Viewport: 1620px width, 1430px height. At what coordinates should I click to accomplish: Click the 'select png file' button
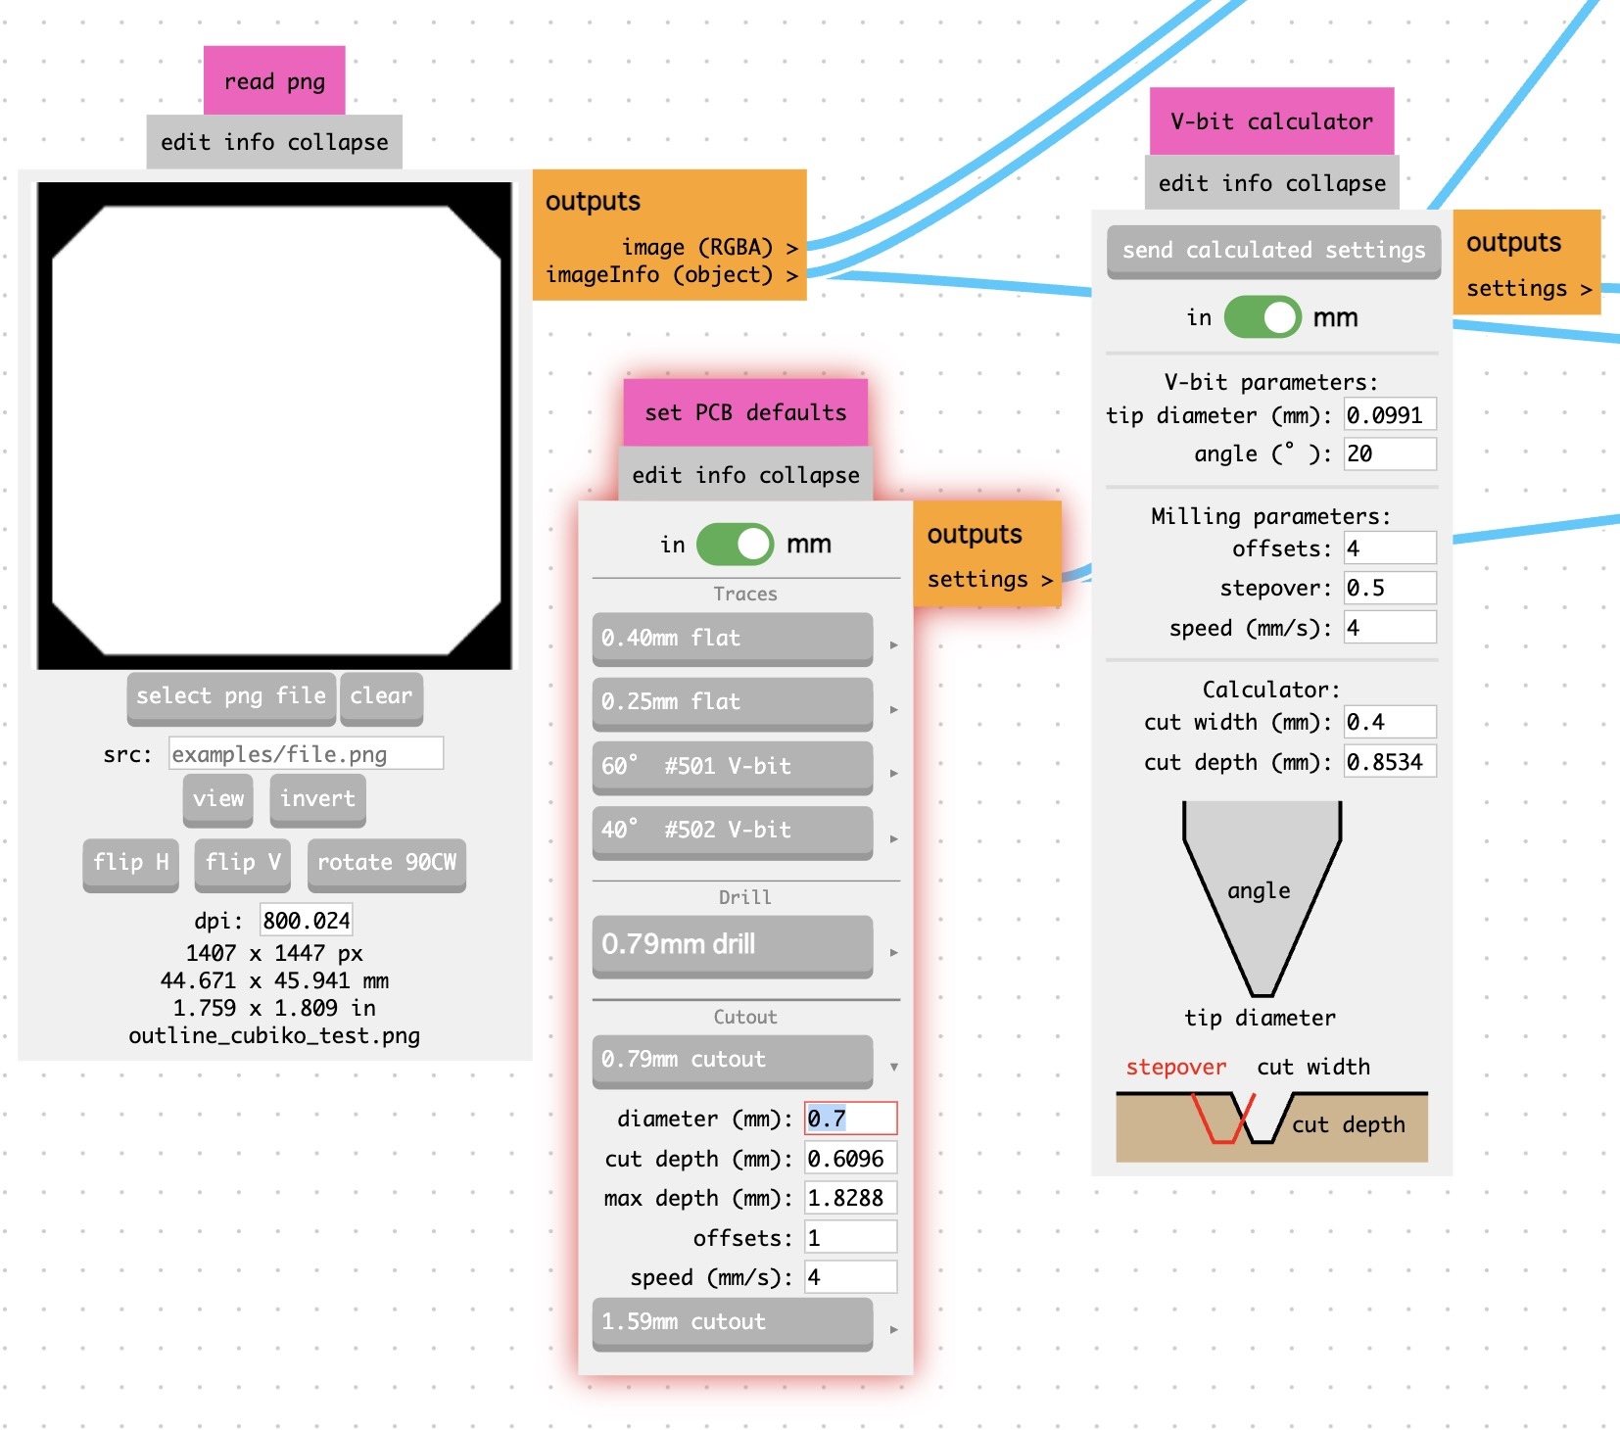231,696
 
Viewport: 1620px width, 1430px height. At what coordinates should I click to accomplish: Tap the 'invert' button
317,799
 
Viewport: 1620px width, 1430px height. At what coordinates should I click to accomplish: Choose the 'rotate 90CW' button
387,863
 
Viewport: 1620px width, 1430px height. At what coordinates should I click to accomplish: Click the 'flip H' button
131,863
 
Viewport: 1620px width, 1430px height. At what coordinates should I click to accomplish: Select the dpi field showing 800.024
306,921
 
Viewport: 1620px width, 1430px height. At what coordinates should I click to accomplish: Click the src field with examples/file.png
306,754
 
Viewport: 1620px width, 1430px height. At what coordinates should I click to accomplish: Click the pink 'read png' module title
274,81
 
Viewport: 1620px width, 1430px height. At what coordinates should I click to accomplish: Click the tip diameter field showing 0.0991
1389,415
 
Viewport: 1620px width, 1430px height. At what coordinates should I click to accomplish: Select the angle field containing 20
1389,454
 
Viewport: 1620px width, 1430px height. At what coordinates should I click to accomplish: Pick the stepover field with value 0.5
1389,588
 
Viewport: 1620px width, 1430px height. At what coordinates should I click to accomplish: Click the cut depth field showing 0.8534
1389,762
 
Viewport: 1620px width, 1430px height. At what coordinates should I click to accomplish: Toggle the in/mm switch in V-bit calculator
1263,317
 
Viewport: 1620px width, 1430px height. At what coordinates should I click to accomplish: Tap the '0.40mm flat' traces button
732,639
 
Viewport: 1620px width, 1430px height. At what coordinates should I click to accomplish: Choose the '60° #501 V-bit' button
732,767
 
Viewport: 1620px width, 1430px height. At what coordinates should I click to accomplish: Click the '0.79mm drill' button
732,945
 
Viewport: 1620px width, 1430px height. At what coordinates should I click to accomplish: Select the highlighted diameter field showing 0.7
850,1119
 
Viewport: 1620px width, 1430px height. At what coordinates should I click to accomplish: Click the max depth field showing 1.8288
850,1198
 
